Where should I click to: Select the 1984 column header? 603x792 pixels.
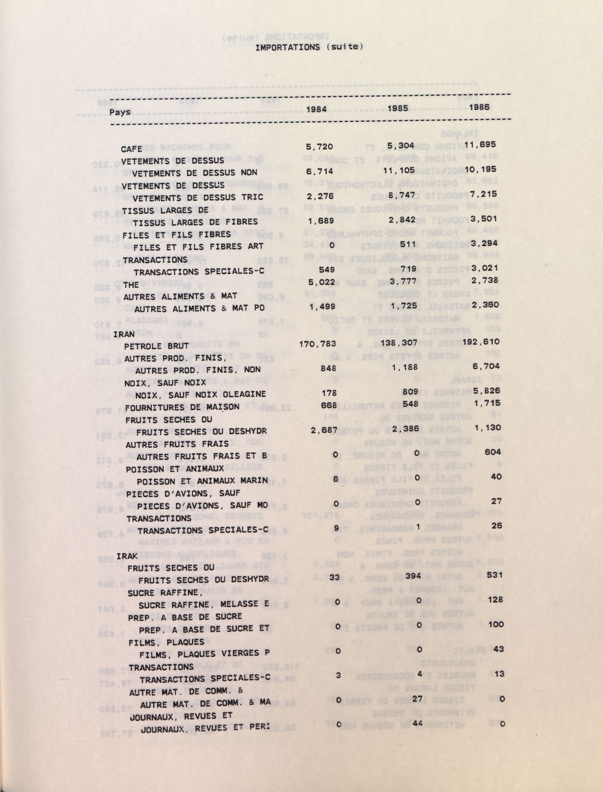[x=316, y=109]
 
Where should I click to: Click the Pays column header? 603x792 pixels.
[x=120, y=112]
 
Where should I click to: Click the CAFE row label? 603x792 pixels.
[x=131, y=149]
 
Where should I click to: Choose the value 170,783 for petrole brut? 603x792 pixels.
[x=318, y=344]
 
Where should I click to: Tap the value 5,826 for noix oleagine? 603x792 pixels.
[x=487, y=391]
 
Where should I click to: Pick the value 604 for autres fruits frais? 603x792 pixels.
[x=492, y=452]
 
